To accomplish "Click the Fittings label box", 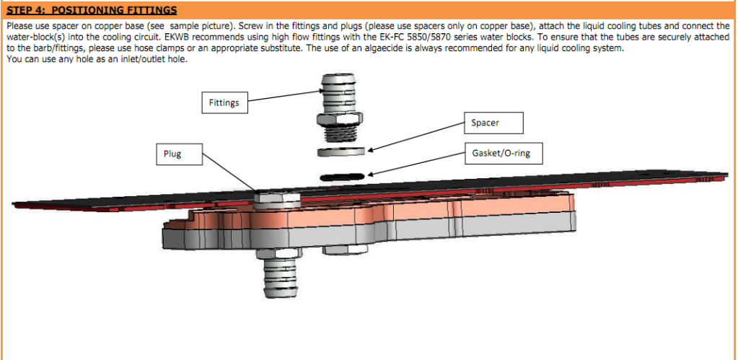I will (224, 102).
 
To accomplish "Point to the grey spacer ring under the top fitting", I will (341, 152).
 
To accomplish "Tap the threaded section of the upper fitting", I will (339, 133).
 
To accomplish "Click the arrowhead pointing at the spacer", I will (369, 151).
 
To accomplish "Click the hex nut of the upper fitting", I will (339, 118).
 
